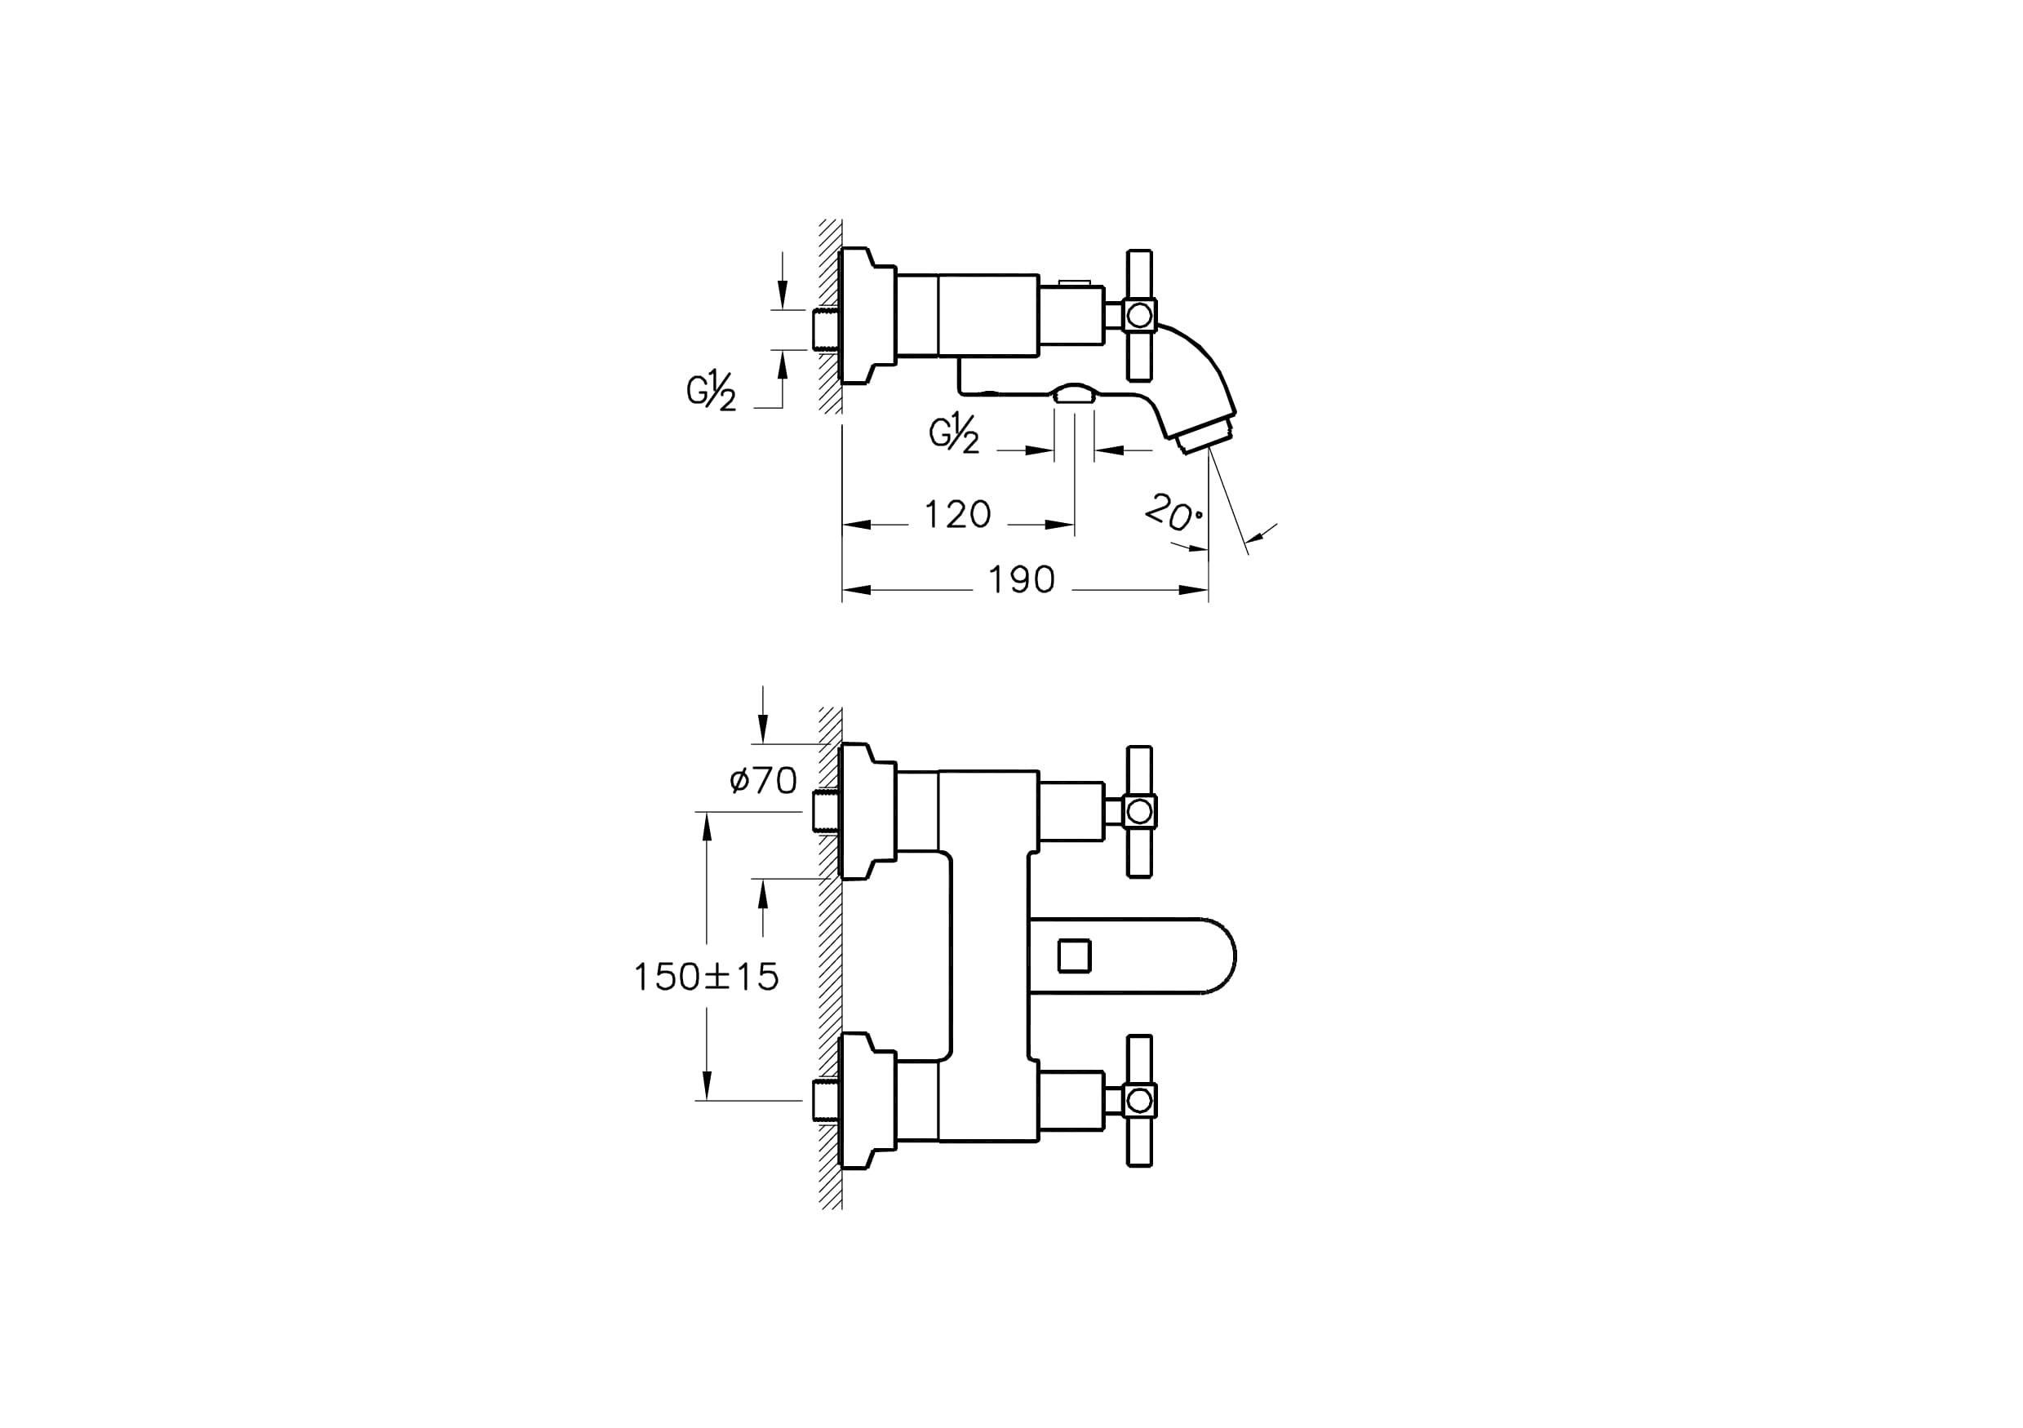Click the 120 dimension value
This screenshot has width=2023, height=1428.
point(958,513)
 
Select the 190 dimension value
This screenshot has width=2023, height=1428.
point(1021,579)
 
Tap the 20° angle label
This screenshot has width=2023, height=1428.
point(1173,512)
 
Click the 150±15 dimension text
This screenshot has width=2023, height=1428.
point(707,976)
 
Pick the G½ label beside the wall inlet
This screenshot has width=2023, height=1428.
point(711,392)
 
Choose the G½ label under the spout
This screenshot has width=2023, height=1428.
point(954,436)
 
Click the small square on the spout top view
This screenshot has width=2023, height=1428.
point(1074,955)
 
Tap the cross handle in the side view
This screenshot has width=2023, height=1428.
point(1139,314)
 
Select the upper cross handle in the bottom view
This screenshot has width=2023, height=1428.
point(1139,811)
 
